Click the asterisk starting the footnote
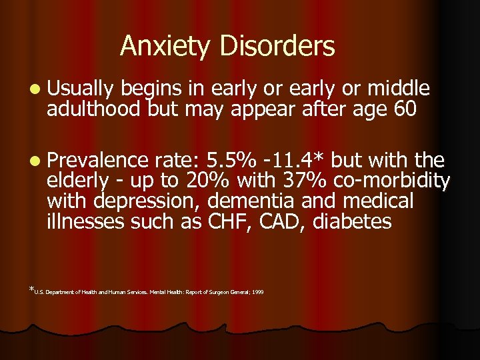click(31, 289)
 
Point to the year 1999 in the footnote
click(257, 292)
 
